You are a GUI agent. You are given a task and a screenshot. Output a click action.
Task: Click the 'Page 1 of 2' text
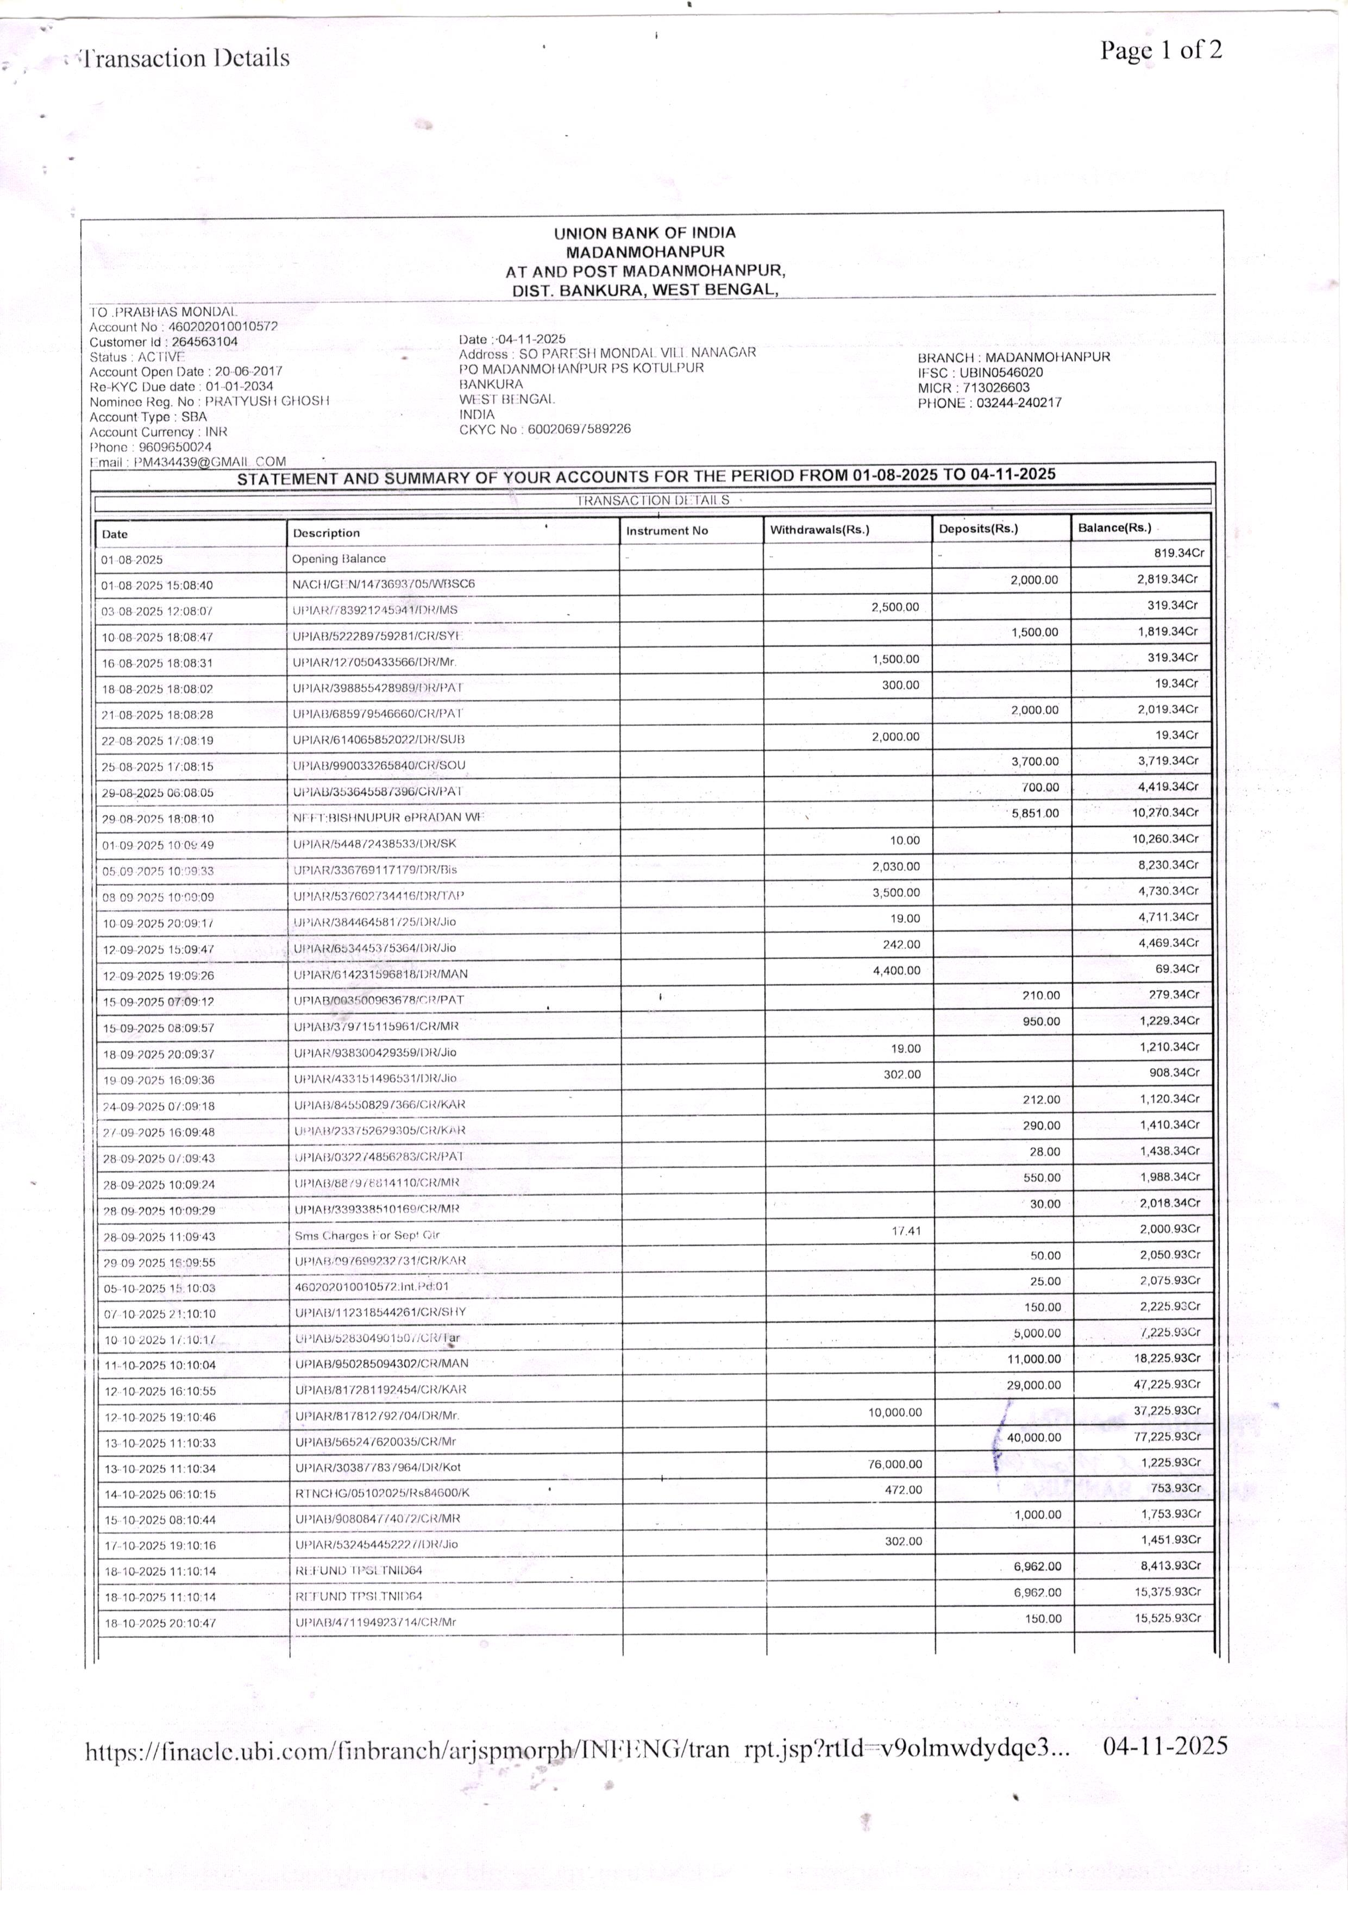1161,51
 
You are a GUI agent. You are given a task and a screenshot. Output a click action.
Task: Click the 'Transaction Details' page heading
184,58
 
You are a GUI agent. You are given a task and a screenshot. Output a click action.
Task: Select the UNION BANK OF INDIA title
644,233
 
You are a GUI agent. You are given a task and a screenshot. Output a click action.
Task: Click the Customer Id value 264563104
204,342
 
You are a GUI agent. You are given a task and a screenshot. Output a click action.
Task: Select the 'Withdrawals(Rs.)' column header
819,530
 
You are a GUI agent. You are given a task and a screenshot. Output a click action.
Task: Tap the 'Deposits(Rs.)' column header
978,529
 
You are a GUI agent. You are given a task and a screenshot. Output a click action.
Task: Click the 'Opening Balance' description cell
338,558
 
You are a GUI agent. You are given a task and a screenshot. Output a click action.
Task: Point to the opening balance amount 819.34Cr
1178,552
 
